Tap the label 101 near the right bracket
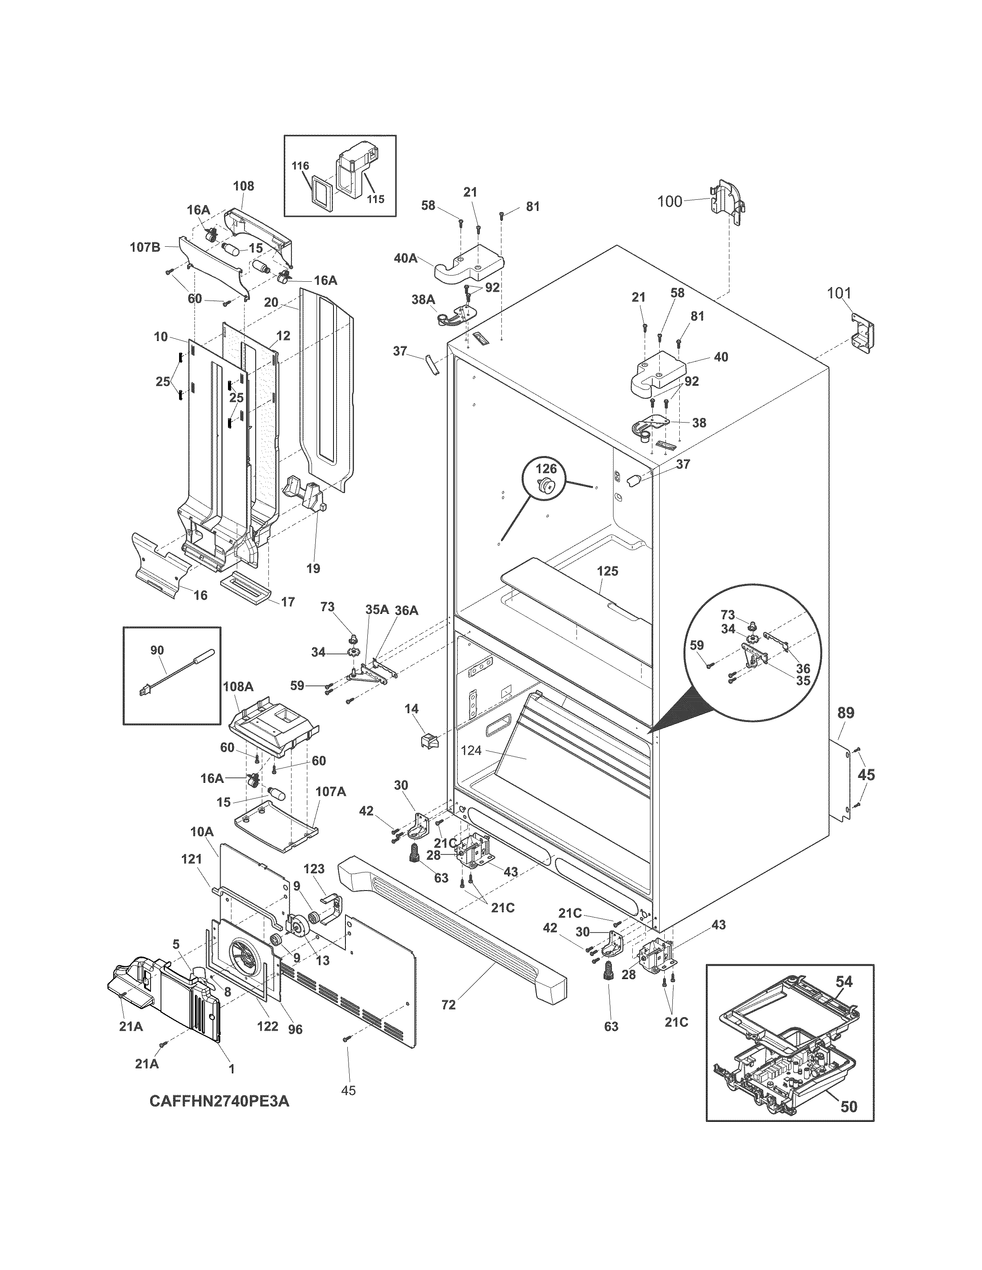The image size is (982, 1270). coord(839,293)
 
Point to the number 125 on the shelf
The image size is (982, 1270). coord(607,571)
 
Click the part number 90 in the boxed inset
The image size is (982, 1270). coord(157,650)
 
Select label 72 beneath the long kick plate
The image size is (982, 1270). coord(449,1004)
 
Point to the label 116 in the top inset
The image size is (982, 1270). coord(300,166)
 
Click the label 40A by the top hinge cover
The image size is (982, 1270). coord(406,257)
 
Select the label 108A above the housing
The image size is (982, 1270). coord(238,686)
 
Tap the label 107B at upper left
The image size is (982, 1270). coord(144,247)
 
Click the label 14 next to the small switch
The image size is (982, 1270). coord(411,709)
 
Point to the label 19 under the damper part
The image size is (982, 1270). coord(313,568)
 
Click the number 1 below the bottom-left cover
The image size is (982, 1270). coord(231,1068)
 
